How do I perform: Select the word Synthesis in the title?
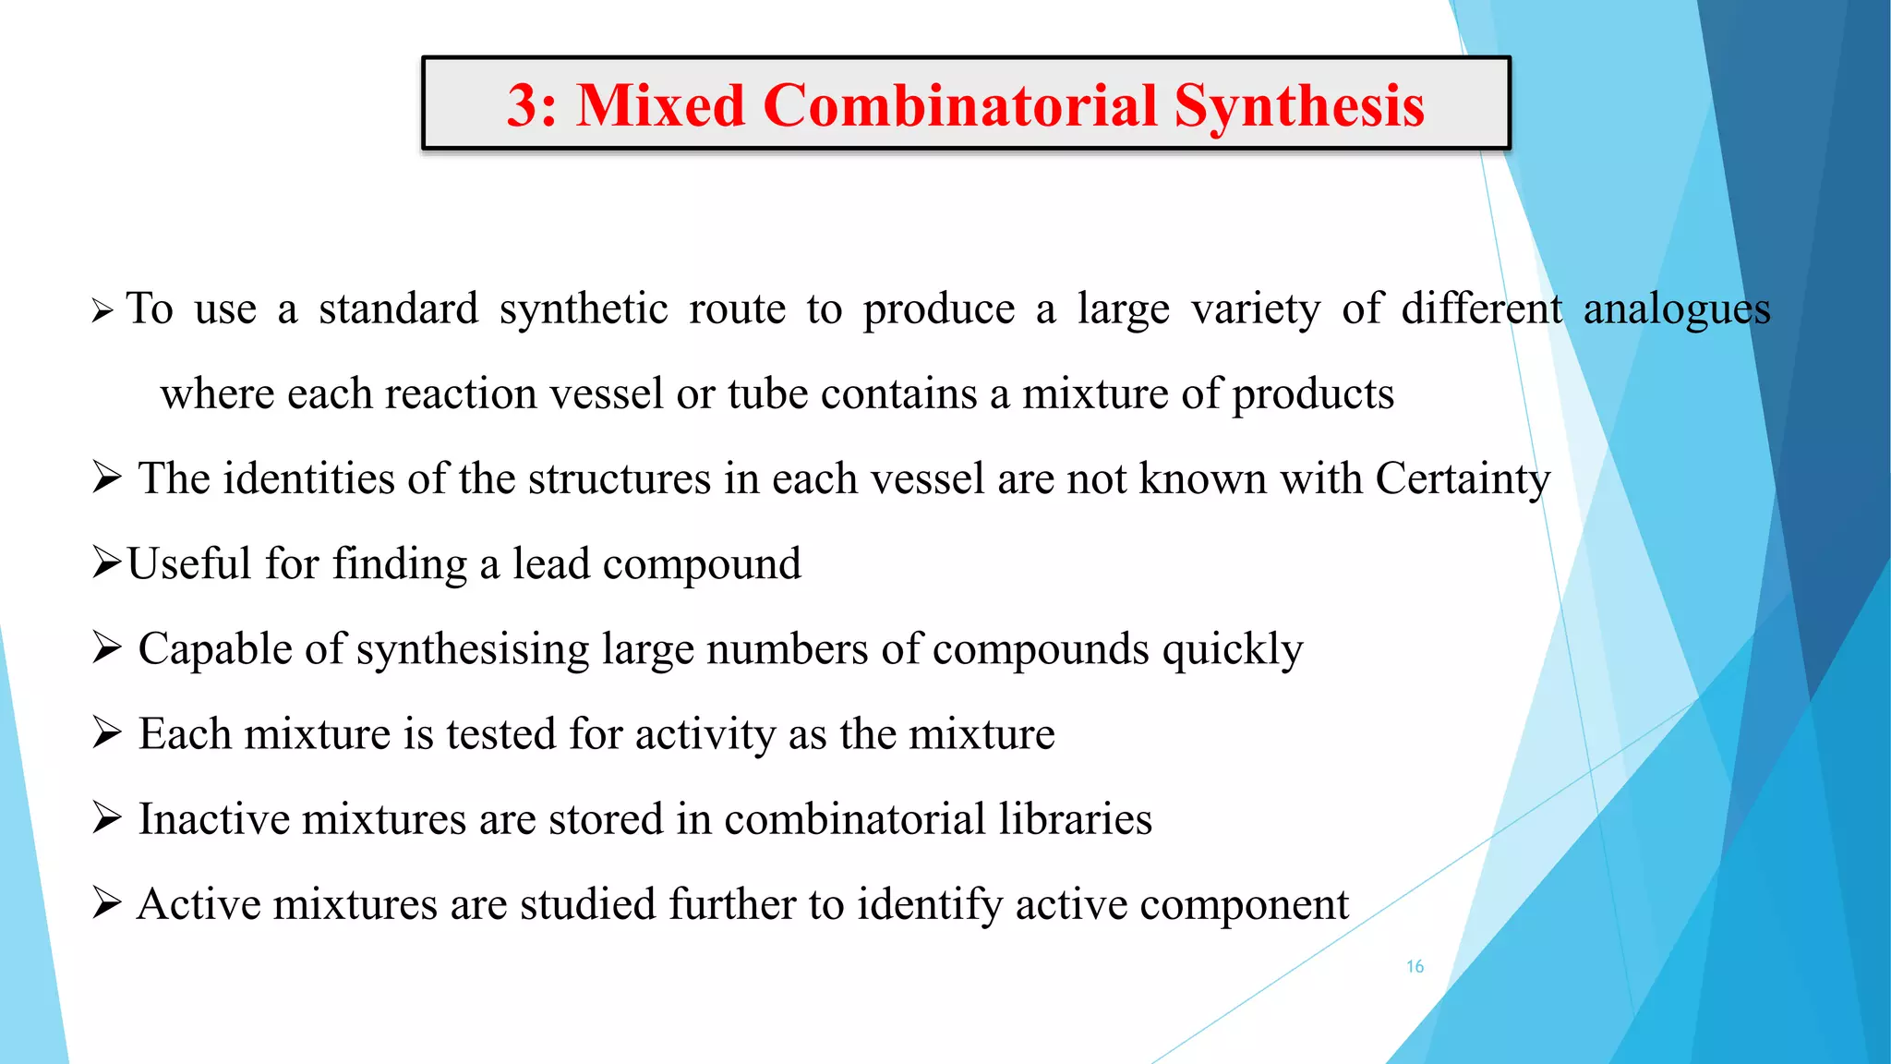pos(1299,104)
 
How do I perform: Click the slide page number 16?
pos(1415,966)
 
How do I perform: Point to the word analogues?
pos(1677,308)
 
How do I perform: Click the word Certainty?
pos(1463,478)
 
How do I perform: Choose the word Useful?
pos(189,563)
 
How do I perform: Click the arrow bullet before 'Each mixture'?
pos(107,733)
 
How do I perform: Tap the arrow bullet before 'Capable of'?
pos(107,648)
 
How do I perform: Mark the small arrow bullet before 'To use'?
pos(102,311)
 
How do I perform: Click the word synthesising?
pos(473,649)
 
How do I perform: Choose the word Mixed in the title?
pos(661,104)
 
